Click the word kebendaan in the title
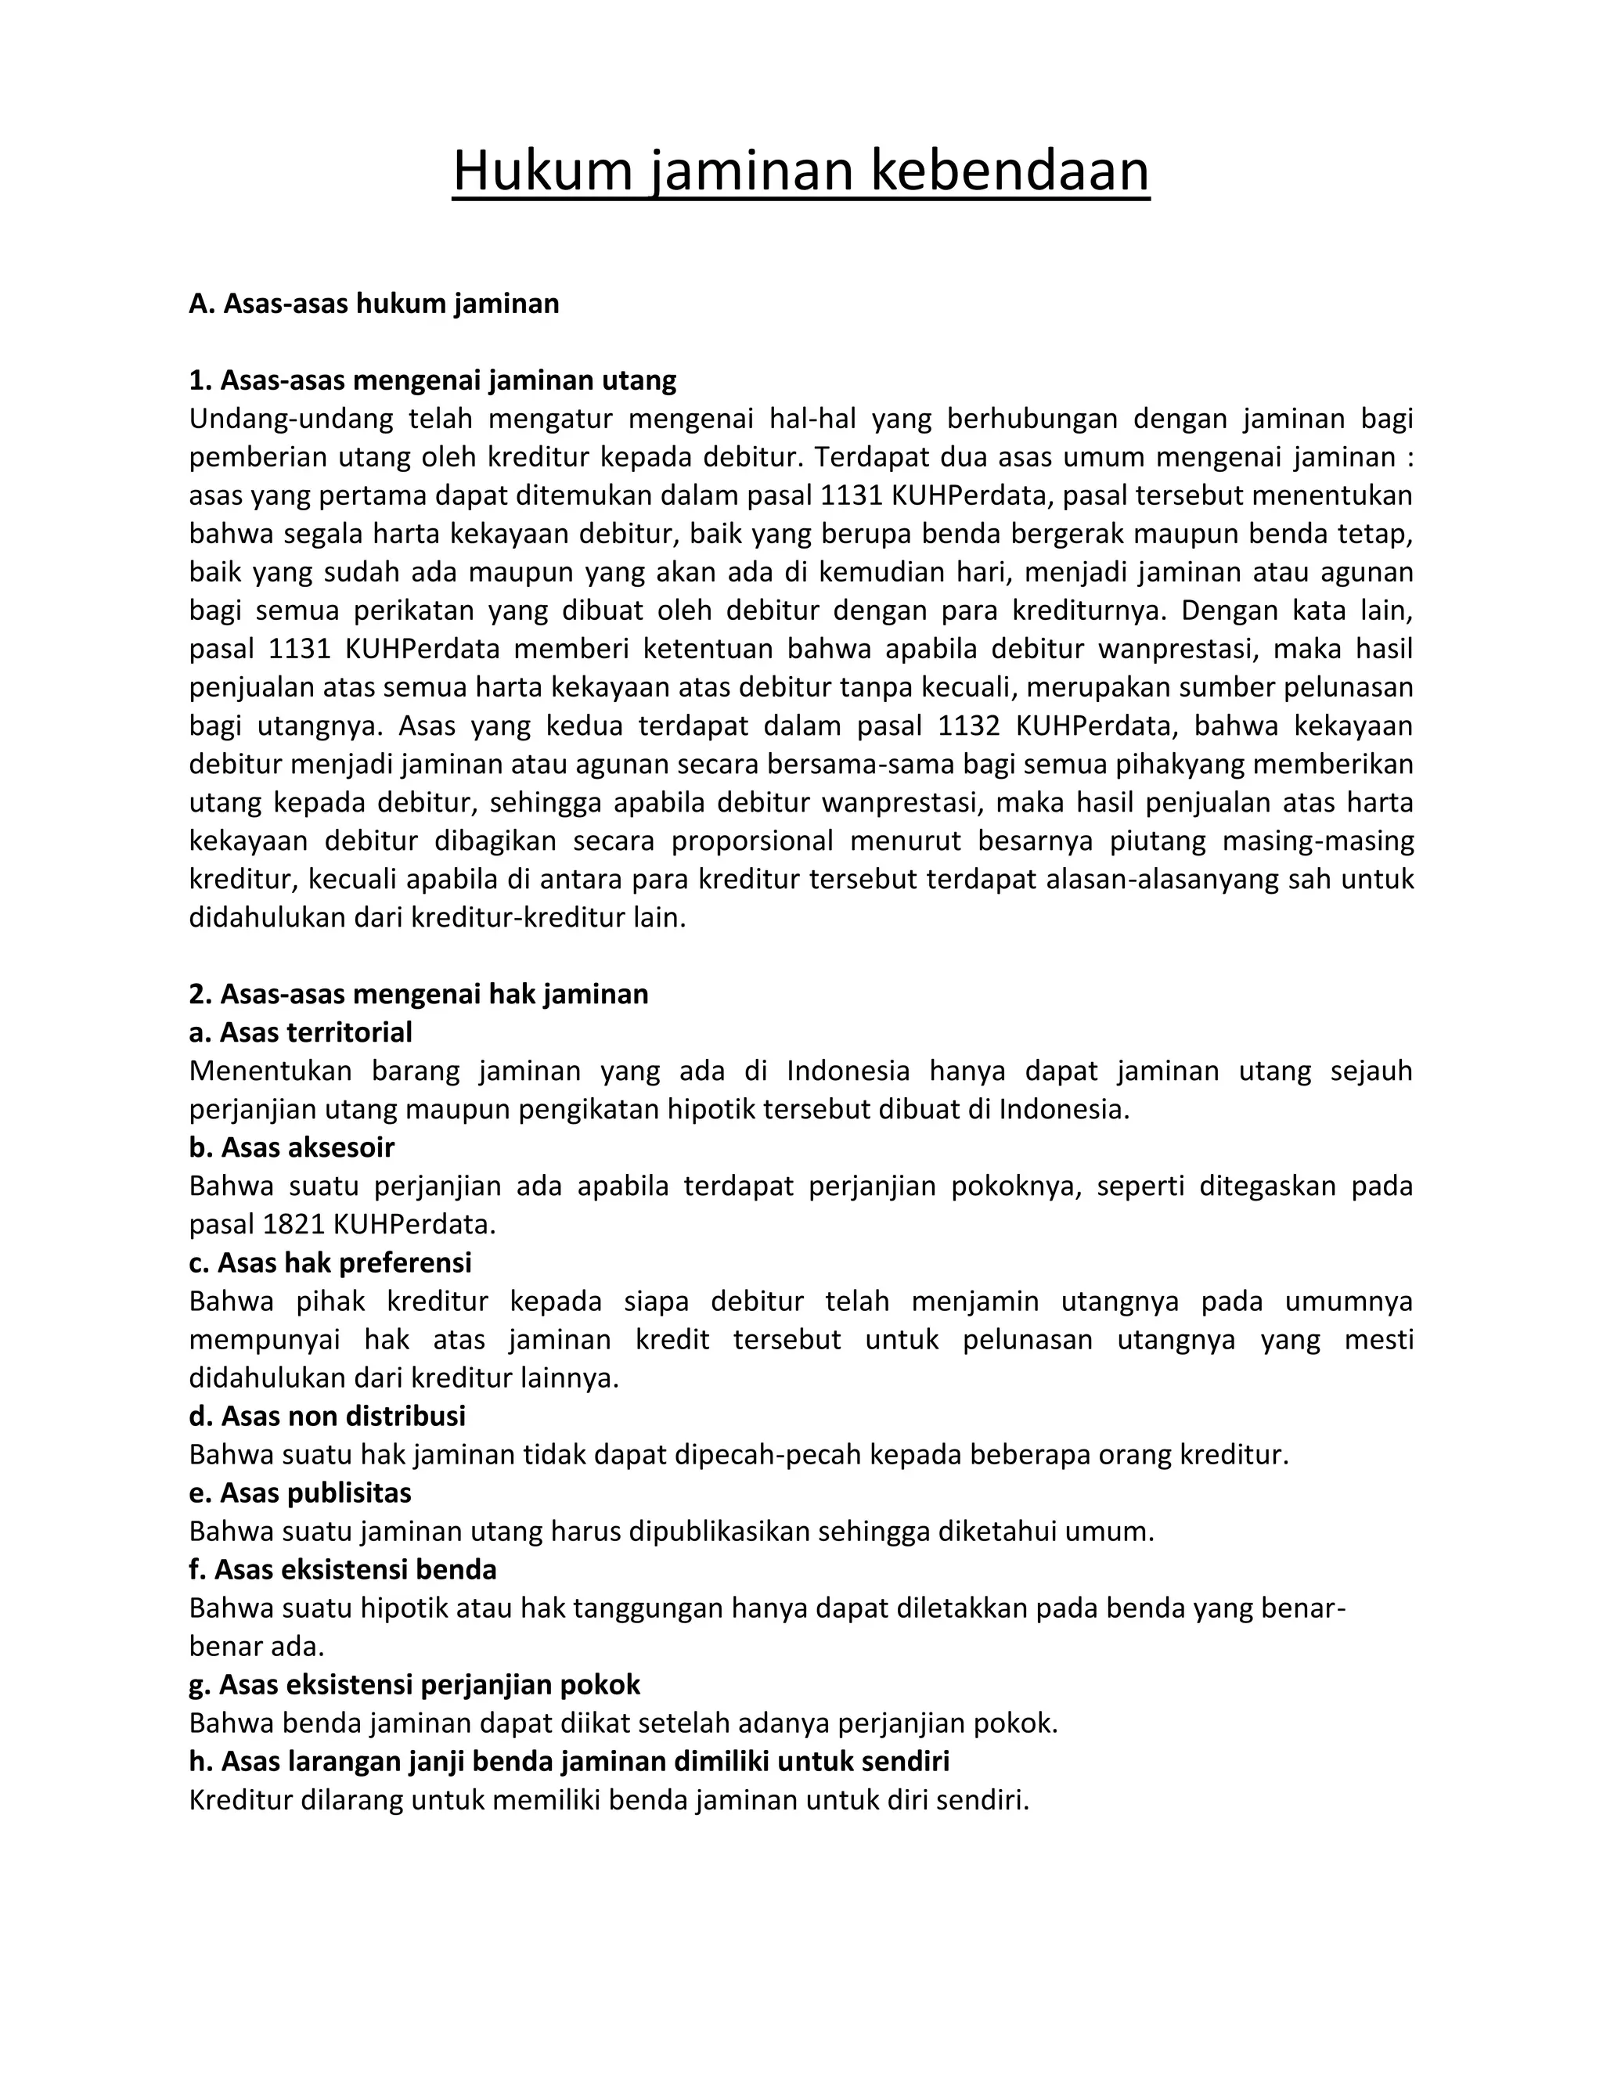pyautogui.click(x=1010, y=172)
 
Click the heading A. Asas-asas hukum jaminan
pyautogui.click(x=374, y=304)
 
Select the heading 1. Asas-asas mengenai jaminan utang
pyautogui.click(x=432, y=381)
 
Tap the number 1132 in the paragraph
pyautogui.click(x=969, y=726)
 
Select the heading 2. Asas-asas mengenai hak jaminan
pyautogui.click(x=419, y=994)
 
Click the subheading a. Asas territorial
pyautogui.click(x=301, y=1032)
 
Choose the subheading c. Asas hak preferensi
pyautogui.click(x=330, y=1263)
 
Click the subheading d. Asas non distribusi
pyautogui.click(x=328, y=1417)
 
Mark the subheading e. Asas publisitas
pyautogui.click(x=300, y=1492)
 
